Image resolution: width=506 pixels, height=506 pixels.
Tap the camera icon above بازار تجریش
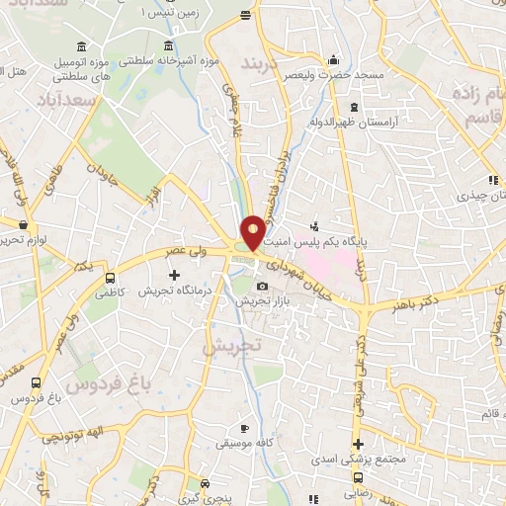262,287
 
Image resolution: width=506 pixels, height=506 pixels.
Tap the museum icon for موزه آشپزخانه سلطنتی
170,46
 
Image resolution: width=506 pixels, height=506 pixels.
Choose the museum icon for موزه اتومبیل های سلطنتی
80,46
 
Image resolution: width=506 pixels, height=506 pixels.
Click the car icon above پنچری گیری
205,484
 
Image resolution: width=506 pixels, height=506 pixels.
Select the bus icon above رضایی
360,475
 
